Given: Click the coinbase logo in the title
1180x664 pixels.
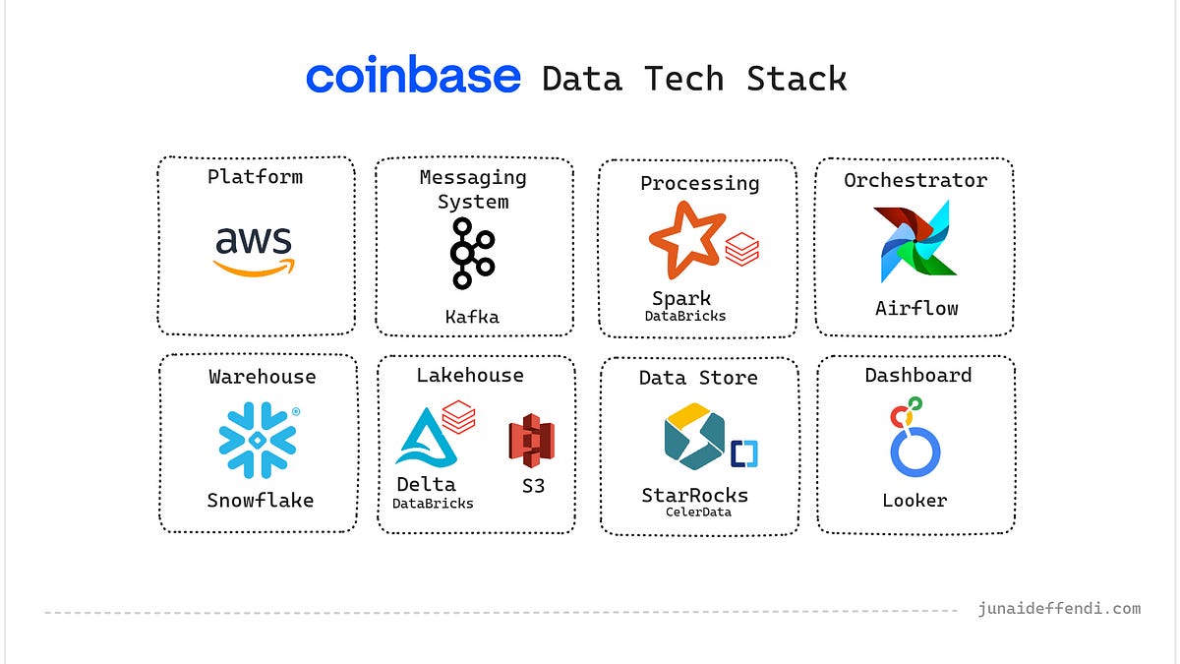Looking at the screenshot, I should [x=413, y=76].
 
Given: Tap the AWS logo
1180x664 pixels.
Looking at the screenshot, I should [x=255, y=250].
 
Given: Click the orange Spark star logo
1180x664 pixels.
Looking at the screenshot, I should [x=685, y=238].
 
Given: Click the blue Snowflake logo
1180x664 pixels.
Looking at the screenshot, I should [x=258, y=440].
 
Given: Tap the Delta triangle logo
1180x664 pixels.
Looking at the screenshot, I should [x=422, y=438].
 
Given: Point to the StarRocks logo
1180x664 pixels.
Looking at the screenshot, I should [x=693, y=437].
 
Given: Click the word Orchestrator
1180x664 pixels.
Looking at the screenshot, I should [x=914, y=180].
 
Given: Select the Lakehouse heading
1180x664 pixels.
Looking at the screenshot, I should [x=470, y=375].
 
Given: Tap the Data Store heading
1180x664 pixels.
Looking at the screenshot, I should [x=698, y=378].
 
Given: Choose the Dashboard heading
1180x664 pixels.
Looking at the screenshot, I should [x=917, y=375].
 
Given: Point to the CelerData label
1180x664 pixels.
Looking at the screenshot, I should [x=698, y=512].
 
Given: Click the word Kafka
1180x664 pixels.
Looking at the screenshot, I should [x=472, y=317].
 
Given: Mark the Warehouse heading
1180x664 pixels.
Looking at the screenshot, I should [x=263, y=377].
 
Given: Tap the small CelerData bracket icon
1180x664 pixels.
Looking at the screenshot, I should [x=743, y=453].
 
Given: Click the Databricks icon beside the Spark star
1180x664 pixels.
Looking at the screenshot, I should [x=741, y=250].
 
